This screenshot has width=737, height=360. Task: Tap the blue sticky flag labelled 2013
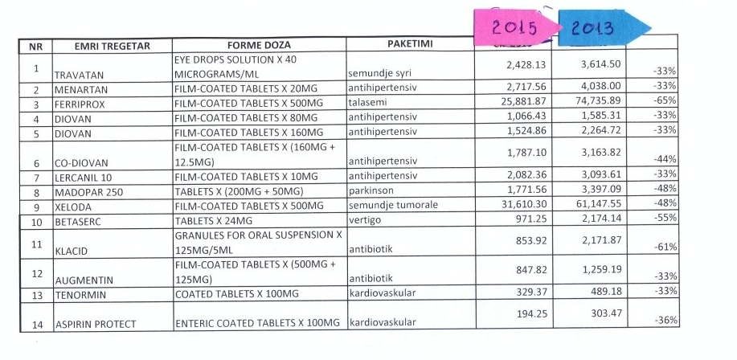click(593, 28)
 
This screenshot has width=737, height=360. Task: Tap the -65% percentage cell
click(664, 104)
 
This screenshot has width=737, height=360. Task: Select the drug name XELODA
click(72, 205)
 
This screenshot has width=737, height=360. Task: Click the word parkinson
click(373, 190)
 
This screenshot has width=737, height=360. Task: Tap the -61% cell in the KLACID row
click(664, 247)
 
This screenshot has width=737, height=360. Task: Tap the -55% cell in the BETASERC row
click(664, 219)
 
